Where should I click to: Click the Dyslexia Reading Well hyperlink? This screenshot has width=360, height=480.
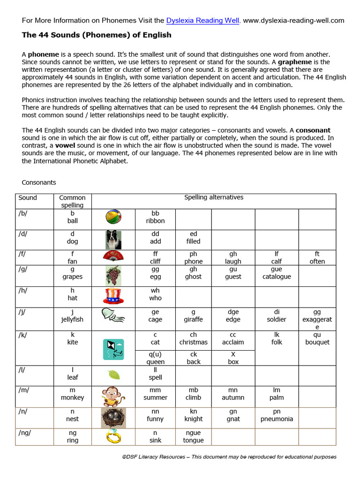pos(203,21)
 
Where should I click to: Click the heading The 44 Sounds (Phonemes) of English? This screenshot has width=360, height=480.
pos(97,35)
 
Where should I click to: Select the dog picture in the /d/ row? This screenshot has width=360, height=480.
pos(113,240)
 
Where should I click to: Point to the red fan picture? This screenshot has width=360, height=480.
pos(113,257)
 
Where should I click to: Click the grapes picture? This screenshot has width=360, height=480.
pos(113,275)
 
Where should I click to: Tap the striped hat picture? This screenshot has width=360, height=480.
pos(113,297)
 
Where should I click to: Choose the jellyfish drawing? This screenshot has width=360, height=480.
pos(113,318)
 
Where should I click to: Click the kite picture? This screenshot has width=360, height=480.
pos(113,349)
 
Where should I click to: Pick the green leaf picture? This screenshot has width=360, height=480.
pos(113,375)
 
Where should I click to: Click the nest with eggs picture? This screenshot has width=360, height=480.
pos(113,417)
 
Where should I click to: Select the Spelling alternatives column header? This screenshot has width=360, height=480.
pos(214,197)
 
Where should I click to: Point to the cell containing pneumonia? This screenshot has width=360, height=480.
pos(277,415)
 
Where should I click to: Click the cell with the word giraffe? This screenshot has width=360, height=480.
pos(194,316)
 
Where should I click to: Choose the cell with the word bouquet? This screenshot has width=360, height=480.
pos(317,338)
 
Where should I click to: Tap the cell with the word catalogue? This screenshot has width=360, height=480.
pos(277,273)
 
